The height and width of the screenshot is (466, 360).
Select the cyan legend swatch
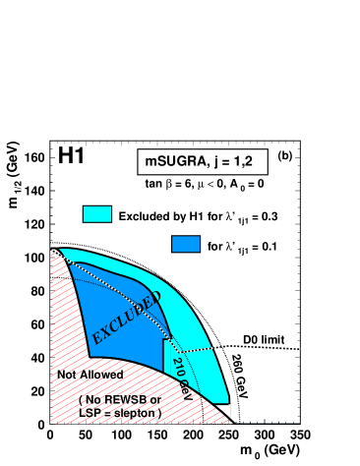(x=97, y=214)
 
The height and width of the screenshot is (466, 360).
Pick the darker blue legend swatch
(x=186, y=244)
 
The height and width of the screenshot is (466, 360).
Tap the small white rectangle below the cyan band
(x=223, y=409)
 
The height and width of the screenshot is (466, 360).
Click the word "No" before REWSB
(x=95, y=400)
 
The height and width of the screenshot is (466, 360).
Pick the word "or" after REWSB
(x=155, y=400)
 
